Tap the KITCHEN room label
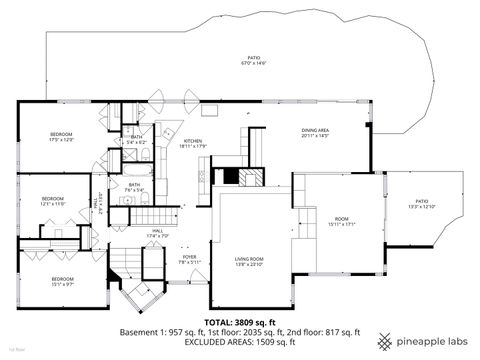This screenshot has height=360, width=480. coord(193,144)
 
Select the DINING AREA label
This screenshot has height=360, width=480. coord(315,132)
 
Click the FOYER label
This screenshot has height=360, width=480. coord(189,259)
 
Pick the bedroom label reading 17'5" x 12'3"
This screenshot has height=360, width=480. coord(62,136)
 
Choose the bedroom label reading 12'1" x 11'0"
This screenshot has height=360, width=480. coord(52,200)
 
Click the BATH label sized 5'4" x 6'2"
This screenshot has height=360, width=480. coord(136,140)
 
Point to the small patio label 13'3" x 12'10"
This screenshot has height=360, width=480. coord(421,204)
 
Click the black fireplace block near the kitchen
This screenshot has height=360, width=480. coord(231,177)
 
